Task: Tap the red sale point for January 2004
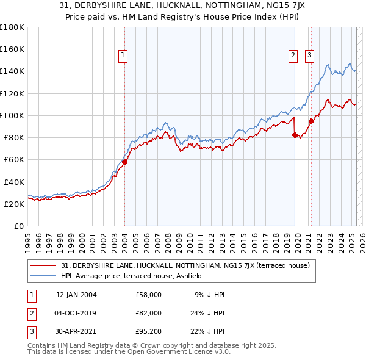[124, 162]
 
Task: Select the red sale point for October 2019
[295, 135]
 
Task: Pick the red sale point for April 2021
[311, 120]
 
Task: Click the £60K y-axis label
[13, 159]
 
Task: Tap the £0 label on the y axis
[18, 226]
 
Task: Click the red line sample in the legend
[43, 265]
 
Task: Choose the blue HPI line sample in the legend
[43, 276]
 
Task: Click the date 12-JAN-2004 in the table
[76, 295]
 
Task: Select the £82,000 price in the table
[149, 312]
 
